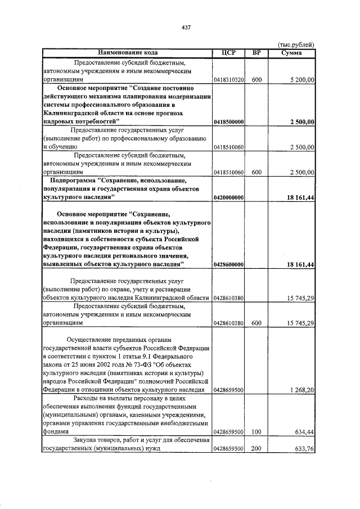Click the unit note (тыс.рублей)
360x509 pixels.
(x=297, y=45)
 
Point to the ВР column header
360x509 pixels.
(x=256, y=53)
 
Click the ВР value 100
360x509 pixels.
(x=256, y=433)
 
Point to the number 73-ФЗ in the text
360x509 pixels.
(x=143, y=365)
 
